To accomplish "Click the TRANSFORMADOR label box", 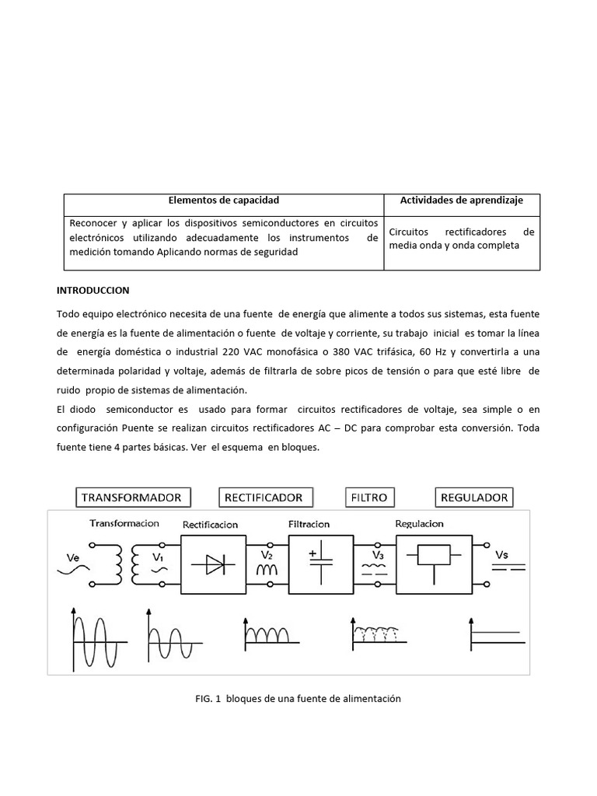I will click(131, 497).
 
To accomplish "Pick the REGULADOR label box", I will click(474, 497).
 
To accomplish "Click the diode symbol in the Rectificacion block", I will click(213, 565).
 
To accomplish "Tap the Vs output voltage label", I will click(503, 555).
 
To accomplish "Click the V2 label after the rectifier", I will click(267, 555).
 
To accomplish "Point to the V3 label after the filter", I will click(378, 555).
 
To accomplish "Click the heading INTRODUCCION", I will click(93, 290).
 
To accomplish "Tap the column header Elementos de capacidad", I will click(223, 201).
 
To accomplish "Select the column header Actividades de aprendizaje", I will click(461, 201).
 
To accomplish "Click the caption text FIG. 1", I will click(208, 699).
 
